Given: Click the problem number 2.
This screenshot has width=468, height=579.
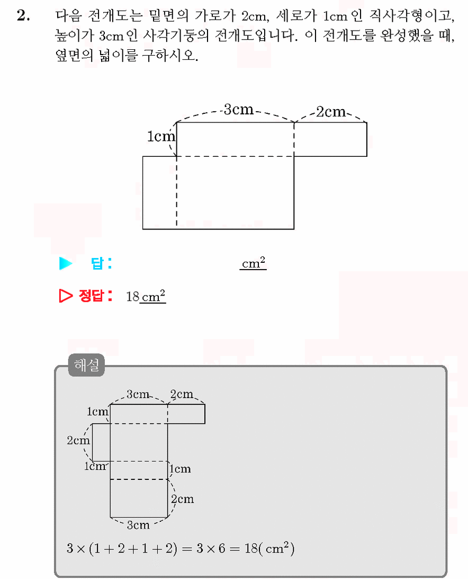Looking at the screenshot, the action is pos(23,15).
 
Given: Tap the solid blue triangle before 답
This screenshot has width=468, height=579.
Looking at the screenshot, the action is pos(66,263).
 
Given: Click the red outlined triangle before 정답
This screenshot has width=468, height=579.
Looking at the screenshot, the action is pos(66,296).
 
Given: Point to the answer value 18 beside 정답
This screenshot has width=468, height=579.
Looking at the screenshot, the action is pos(132,297).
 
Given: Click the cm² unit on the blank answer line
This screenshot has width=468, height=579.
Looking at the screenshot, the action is pos(253,263).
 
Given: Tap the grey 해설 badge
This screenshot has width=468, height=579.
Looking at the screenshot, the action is pos(86,365).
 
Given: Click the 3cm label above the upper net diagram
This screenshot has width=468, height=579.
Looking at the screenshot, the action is pos(239,109).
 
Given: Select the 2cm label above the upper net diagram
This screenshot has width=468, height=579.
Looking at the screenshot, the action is pos(331,112).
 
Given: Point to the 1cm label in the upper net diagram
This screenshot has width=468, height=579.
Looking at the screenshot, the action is pos(161,136).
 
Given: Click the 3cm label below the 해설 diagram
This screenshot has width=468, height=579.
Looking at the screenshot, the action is pos(138,525).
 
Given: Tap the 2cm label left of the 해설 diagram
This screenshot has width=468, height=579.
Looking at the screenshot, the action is pos(78,440).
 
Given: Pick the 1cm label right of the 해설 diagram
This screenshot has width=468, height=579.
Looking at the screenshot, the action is pos(180,469).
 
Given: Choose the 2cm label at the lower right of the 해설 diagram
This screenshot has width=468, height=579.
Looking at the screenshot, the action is pos(182,499).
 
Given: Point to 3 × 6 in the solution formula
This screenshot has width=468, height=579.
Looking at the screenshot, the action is pos(211,549).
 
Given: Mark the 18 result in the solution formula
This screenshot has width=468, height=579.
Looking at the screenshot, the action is pos(251,549).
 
